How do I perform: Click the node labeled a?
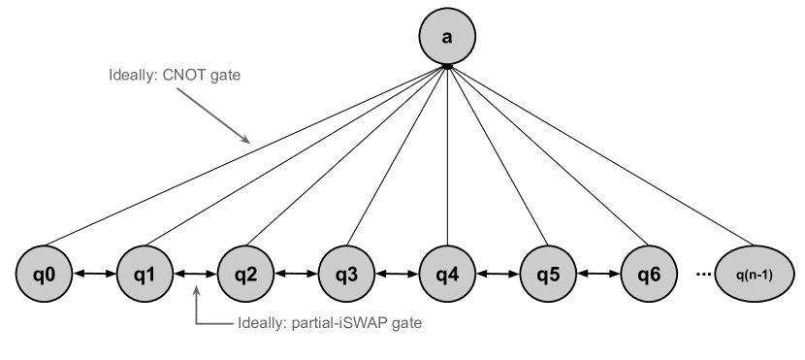click(x=447, y=38)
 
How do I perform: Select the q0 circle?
click(x=44, y=275)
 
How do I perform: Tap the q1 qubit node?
click(x=145, y=275)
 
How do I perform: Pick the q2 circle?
click(x=245, y=275)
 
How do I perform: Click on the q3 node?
click(x=346, y=275)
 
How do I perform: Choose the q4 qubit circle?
click(x=447, y=275)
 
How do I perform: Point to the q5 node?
click(x=548, y=275)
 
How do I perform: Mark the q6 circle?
click(x=649, y=275)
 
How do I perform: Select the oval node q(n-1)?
click(x=754, y=275)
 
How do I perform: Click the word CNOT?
click(x=185, y=75)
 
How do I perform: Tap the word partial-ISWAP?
click(x=342, y=322)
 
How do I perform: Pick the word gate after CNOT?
click(x=225, y=75)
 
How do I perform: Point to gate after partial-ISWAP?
click(x=405, y=322)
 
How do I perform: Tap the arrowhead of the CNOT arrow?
click(x=247, y=141)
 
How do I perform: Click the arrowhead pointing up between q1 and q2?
click(x=197, y=290)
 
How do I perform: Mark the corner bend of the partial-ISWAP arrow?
click(x=197, y=322)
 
